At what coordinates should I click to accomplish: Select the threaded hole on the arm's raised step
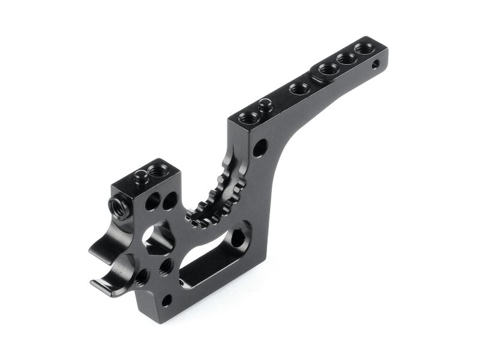click(328, 68)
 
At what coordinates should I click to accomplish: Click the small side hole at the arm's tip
click(376, 63)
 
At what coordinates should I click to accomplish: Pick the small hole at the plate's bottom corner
click(167, 298)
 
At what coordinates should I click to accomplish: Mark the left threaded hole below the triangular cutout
click(143, 275)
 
